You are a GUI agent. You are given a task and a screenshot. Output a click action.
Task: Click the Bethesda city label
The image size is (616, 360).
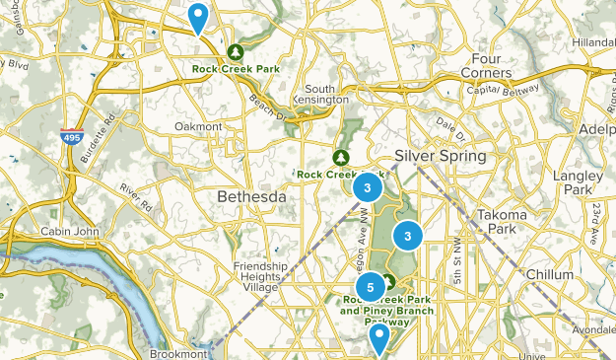pos(251,196)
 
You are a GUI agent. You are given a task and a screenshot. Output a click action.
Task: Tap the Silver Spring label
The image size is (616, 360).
pos(440,157)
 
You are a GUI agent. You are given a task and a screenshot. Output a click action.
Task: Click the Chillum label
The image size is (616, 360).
pos(549,273)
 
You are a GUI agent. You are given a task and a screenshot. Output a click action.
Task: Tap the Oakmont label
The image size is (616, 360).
pos(198,126)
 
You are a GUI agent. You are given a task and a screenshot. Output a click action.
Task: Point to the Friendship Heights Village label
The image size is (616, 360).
pos(260,276)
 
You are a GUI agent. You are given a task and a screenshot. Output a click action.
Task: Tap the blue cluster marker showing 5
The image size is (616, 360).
pos(370,287)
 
